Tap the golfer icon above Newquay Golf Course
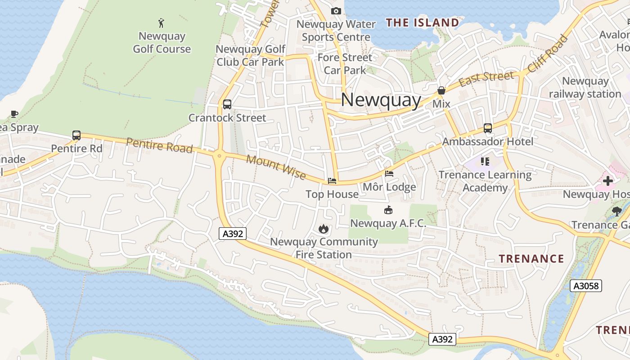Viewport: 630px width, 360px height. pos(162,22)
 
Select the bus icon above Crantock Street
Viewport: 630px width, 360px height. pos(227,104)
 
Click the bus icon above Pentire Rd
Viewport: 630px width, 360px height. pos(76,135)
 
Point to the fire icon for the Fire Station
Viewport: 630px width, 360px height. pos(323,229)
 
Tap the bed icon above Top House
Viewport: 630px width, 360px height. pos(332,181)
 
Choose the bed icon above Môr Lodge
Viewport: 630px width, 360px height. pos(389,173)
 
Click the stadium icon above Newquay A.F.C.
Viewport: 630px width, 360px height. pos(388,210)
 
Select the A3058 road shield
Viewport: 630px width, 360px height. pos(585,286)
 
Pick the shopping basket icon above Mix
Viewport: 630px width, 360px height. pos(441,90)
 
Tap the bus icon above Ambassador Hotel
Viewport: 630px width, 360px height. pos(488,128)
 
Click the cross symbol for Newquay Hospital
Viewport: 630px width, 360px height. pos(608,181)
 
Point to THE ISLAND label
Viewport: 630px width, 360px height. pos(423,22)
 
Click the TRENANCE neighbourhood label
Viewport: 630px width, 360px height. pos(531,258)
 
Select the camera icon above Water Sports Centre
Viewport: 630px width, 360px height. pos(336,11)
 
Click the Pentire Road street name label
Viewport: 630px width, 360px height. pos(159,145)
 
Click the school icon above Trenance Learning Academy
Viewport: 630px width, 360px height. pos(485,161)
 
